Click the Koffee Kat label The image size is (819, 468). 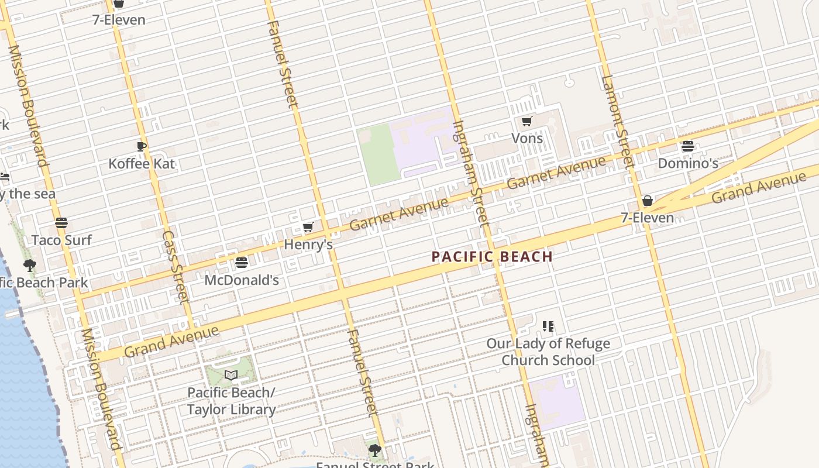(142, 163)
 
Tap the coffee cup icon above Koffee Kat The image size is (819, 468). (141, 146)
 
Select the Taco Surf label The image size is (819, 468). (61, 240)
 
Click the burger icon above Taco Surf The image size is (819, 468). (61, 223)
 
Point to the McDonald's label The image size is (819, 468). (241, 280)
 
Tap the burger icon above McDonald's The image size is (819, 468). (241, 263)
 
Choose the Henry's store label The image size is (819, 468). (308, 245)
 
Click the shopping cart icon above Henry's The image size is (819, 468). (308, 228)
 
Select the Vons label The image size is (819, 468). (527, 139)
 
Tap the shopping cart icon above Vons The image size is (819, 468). (527, 122)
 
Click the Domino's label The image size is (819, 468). (688, 163)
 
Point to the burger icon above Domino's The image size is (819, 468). (688, 146)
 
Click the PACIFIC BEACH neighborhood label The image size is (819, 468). (492, 256)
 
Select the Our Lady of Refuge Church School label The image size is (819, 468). (548, 352)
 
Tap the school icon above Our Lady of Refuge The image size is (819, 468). (548, 326)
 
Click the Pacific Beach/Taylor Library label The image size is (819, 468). (231, 401)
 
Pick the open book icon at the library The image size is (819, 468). (231, 375)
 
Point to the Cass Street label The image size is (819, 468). (175, 266)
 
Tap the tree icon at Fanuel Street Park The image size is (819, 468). (375, 450)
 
